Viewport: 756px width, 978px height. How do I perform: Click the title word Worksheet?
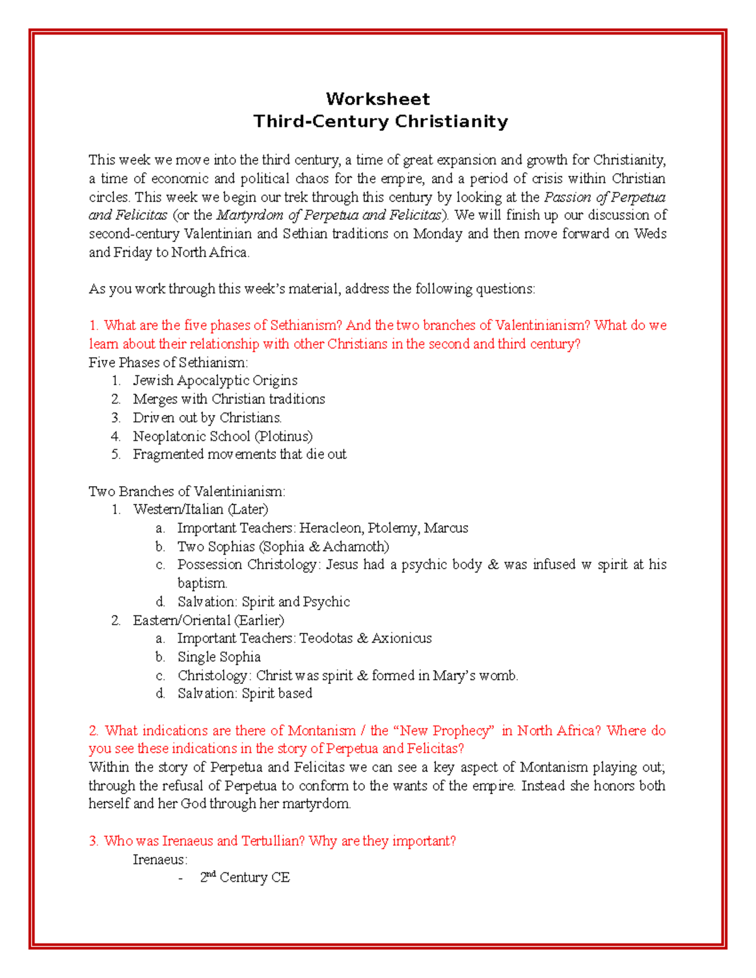click(377, 99)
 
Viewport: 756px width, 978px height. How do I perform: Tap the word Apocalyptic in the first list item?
click(214, 380)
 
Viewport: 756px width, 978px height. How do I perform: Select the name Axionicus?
click(401, 639)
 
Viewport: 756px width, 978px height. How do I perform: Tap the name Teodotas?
click(326, 639)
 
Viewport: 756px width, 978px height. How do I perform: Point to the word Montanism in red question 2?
click(321, 731)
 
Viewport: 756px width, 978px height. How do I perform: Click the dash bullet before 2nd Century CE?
click(181, 878)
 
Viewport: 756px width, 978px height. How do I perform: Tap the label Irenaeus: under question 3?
click(160, 860)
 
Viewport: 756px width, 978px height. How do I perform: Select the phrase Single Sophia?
click(219, 657)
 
